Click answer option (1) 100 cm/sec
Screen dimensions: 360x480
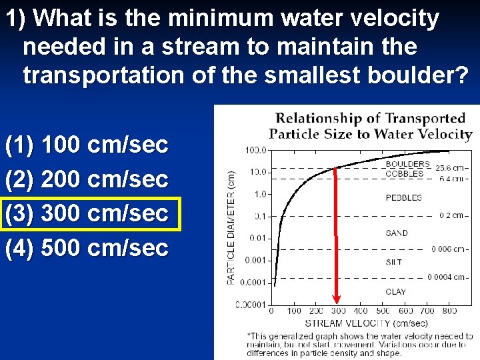[87, 145]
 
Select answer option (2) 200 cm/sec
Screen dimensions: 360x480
[87, 179]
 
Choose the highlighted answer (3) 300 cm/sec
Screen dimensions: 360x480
[87, 214]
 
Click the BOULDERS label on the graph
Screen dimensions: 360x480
[407, 164]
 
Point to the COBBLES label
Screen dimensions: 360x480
[405, 173]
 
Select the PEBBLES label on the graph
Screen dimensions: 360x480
[403, 198]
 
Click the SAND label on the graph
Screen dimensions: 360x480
[396, 233]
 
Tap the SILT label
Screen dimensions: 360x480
[393, 262]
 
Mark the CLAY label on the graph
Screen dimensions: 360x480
[395, 291]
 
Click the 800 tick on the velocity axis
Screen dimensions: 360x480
[449, 311]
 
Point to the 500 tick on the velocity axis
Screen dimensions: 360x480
[383, 311]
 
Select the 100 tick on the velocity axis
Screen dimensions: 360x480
[294, 311]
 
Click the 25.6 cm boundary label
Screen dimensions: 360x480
[452, 167]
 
